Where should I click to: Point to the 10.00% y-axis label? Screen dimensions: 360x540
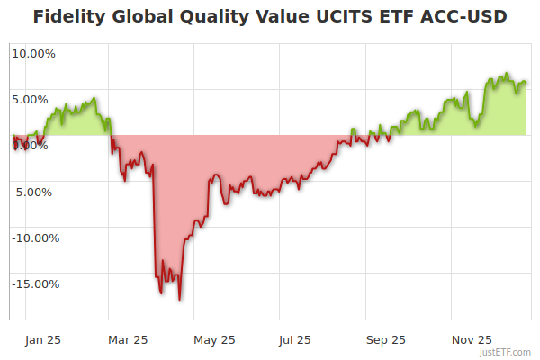pyautogui.click(x=33, y=53)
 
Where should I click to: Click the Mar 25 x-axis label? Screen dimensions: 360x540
pyautogui.click(x=127, y=339)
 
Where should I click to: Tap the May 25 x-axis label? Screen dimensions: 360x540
pyautogui.click(x=214, y=339)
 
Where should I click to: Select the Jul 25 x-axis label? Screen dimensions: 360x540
pyautogui.click(x=295, y=339)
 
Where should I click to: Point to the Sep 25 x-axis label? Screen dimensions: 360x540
pyautogui.click(x=386, y=339)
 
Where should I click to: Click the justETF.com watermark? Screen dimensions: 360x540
pyautogui.click(x=506, y=353)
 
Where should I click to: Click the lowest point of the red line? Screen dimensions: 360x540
pyautogui.click(x=180, y=299)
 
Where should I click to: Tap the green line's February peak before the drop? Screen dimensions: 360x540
pyautogui.click(x=94, y=98)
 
